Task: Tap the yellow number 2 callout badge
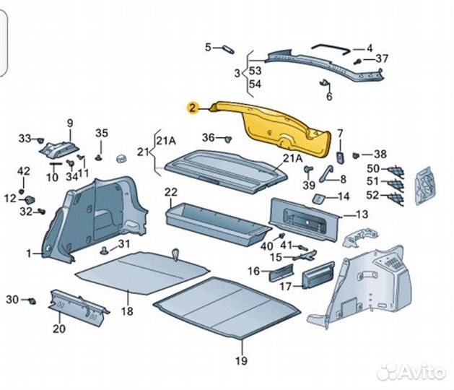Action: click(192, 108)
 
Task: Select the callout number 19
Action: click(240, 360)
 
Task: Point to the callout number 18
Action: click(127, 312)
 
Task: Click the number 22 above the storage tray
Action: click(170, 191)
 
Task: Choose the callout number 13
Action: click(362, 214)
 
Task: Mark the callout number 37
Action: click(382, 58)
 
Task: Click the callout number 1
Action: click(30, 253)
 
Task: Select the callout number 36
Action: click(208, 137)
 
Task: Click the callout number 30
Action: click(12, 299)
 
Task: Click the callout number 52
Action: click(372, 194)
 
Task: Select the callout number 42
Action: click(24, 170)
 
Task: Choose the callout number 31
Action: click(124, 243)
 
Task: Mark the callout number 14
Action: click(343, 196)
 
